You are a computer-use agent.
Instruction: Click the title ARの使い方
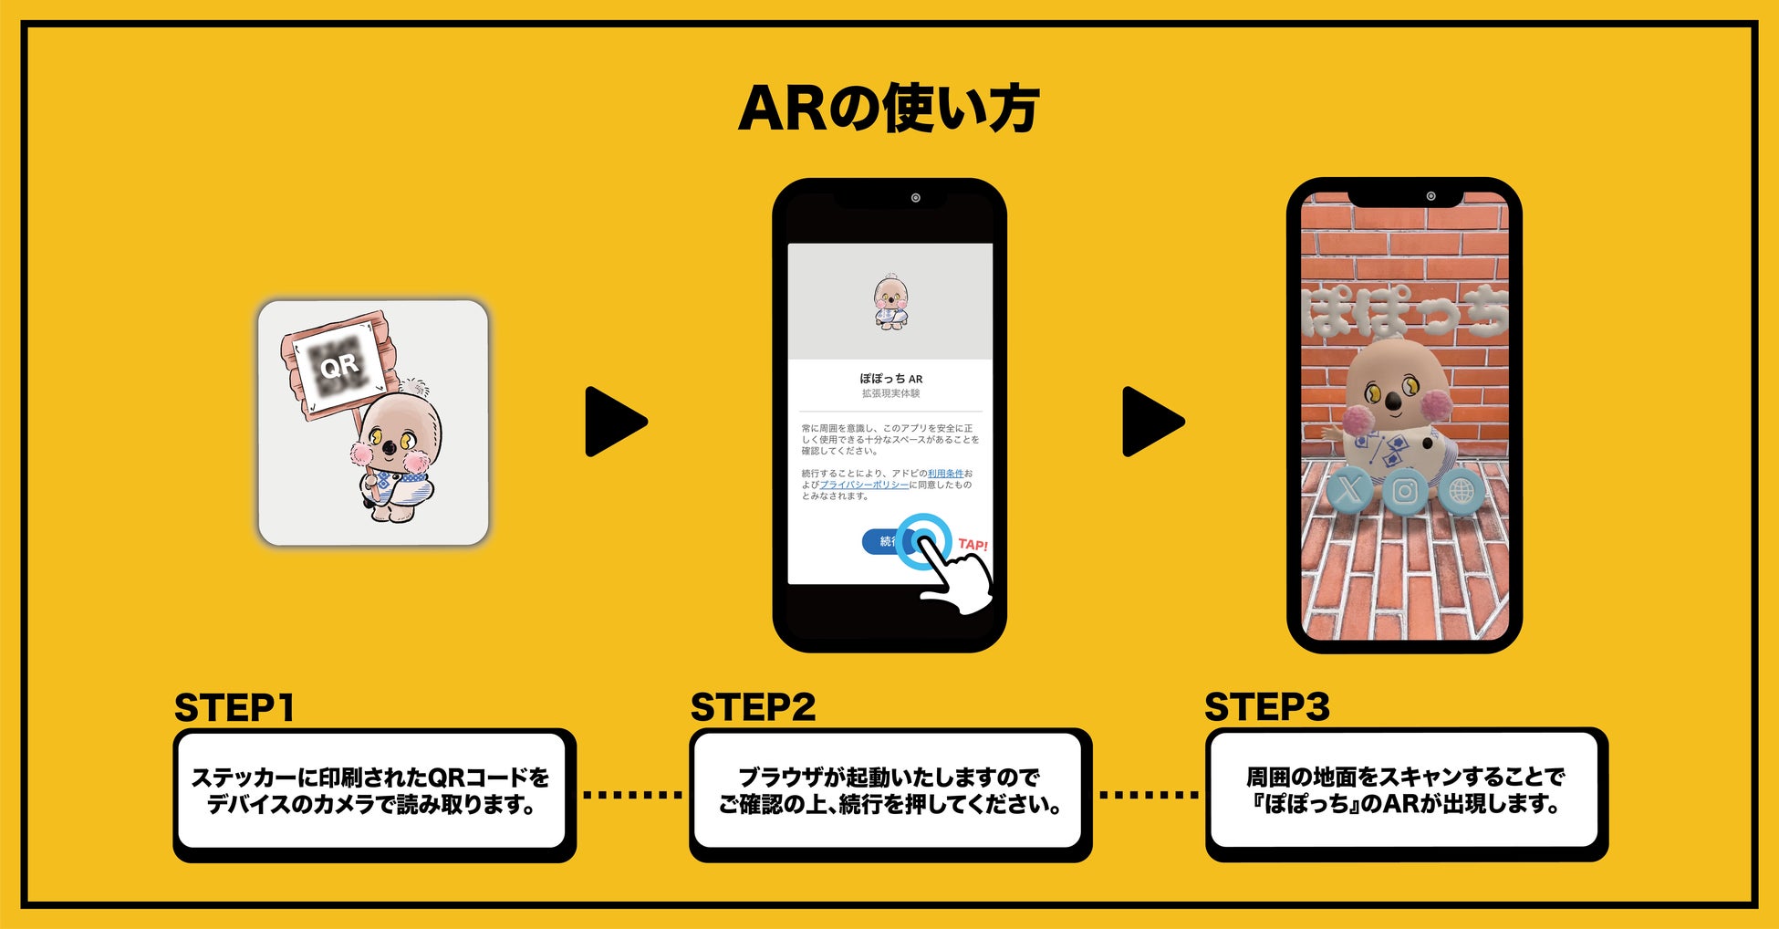889,109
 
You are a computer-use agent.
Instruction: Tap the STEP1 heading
234,708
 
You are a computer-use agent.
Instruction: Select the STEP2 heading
753,707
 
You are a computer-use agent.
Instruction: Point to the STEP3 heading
1266,707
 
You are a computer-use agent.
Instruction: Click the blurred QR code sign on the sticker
338,366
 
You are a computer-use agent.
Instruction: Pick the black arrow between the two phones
1151,422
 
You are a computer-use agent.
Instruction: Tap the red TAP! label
973,545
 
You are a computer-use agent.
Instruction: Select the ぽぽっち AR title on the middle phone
890,379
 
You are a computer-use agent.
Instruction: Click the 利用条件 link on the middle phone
945,474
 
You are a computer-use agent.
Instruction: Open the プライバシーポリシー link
864,485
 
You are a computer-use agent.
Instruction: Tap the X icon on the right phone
1348,490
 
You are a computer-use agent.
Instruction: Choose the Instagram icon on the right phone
1405,492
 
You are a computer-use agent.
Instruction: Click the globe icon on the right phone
1461,492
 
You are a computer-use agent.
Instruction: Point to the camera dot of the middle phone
915,198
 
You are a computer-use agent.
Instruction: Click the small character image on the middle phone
890,302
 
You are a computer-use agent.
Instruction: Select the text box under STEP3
1405,791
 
